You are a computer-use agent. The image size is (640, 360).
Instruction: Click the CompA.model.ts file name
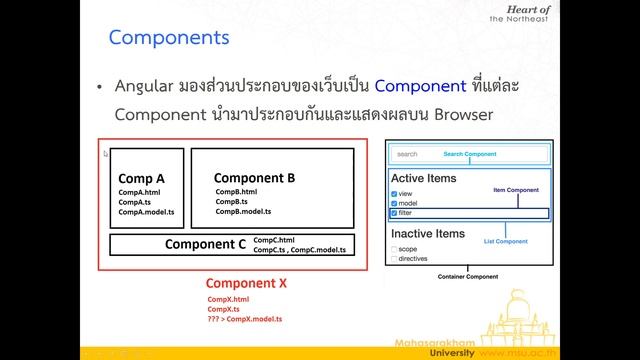(x=145, y=212)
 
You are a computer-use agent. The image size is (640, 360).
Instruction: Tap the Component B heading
(x=254, y=178)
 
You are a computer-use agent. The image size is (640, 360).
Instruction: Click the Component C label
(x=205, y=243)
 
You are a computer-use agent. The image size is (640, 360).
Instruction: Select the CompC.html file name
(x=275, y=240)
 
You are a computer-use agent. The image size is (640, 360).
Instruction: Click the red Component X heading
(x=245, y=283)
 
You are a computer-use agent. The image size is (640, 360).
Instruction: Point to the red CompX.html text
(x=228, y=299)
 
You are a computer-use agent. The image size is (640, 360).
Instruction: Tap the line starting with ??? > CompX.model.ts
(x=244, y=319)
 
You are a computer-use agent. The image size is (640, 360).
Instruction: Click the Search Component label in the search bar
(x=470, y=154)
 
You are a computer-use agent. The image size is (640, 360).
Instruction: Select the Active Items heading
(x=424, y=178)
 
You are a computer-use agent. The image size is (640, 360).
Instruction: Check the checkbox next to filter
(x=395, y=213)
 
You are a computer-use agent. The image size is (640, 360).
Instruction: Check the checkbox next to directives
(x=395, y=258)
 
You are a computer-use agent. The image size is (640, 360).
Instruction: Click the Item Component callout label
(x=517, y=188)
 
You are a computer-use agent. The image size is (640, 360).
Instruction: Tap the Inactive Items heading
(x=428, y=233)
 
